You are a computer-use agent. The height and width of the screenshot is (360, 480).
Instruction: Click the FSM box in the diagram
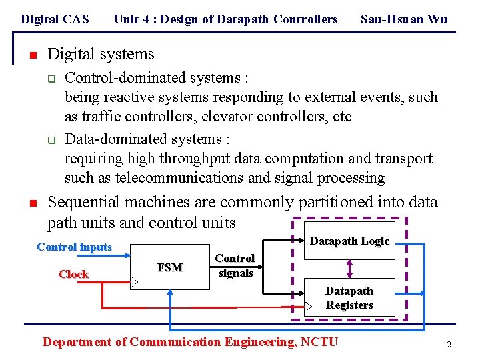pos(170,267)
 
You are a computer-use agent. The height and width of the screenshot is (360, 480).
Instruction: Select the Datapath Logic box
pos(350,241)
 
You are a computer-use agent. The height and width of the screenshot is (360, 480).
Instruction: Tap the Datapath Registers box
pos(349,298)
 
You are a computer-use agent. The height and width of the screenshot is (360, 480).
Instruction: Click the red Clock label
pos(73,274)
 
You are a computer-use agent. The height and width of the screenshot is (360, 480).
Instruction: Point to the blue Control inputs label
pos(75,247)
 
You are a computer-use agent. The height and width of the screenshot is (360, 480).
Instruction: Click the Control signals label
pos(235,265)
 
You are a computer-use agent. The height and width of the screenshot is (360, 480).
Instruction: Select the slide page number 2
pos(449,345)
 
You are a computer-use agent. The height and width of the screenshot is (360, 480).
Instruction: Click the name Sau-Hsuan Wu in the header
pos(403,19)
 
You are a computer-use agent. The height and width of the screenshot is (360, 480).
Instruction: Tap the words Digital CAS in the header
pos(55,19)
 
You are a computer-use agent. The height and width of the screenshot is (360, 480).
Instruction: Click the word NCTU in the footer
pos(320,342)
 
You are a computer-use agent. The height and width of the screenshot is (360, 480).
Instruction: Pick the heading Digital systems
pos(101,54)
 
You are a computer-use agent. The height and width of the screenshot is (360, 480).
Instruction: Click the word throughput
pos(200,159)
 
